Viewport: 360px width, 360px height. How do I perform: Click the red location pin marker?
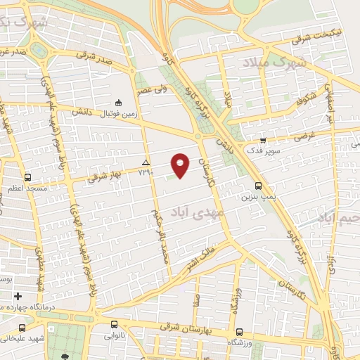click(x=181, y=165)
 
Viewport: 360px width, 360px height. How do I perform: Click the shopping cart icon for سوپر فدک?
click(x=263, y=140)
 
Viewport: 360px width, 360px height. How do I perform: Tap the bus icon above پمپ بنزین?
click(x=259, y=186)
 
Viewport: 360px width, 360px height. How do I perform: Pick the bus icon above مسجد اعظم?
click(x=27, y=178)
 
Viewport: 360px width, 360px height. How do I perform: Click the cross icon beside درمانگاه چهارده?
click(x=18, y=296)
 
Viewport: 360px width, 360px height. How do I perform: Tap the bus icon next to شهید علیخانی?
click(x=22, y=328)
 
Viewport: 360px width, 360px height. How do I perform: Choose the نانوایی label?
click(x=115, y=336)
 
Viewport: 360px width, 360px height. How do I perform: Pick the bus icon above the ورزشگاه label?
click(x=239, y=332)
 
